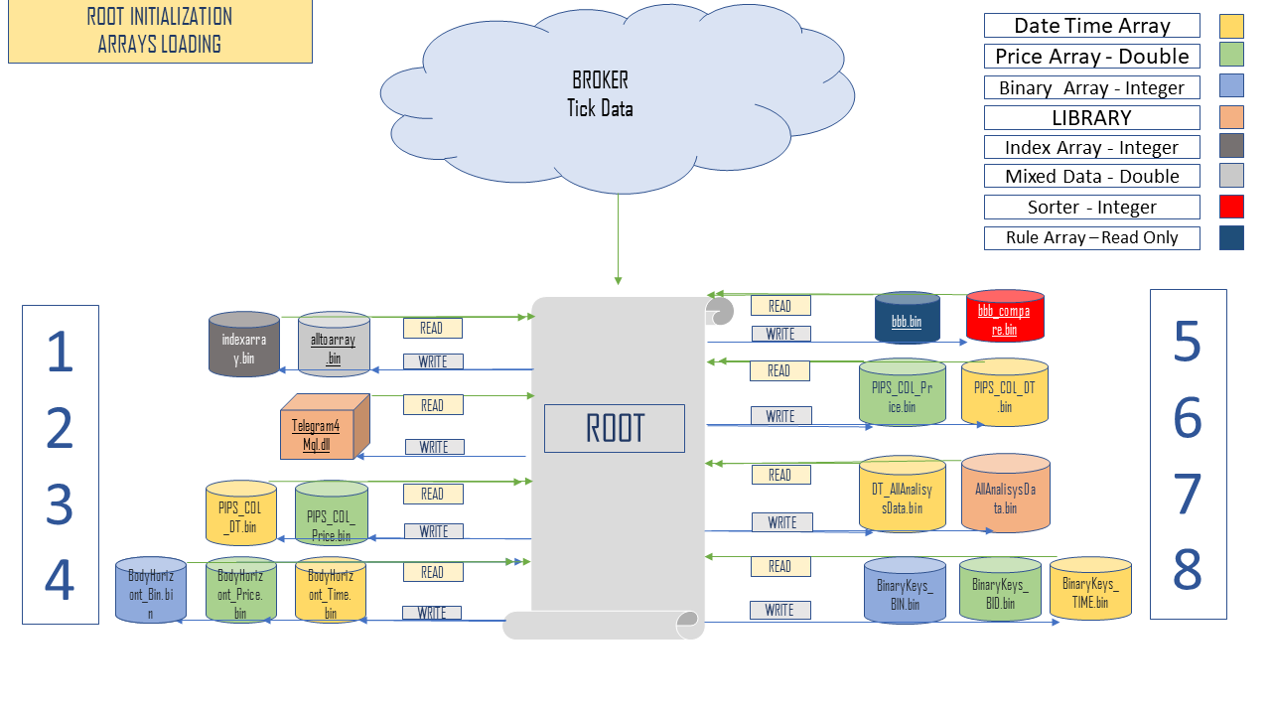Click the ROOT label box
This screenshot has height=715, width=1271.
click(x=614, y=428)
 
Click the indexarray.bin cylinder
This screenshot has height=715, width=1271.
click(x=244, y=346)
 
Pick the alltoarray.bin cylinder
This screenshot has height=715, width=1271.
click(x=334, y=346)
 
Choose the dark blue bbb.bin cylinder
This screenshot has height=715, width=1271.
click(x=907, y=319)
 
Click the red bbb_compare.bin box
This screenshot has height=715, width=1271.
click(x=1004, y=318)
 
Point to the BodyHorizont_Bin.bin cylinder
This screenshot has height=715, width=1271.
click(x=150, y=592)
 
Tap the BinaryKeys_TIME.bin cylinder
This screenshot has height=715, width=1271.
click(x=1089, y=591)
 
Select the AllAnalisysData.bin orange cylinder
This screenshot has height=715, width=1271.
click(x=1005, y=494)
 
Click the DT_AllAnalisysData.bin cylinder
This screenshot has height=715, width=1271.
click(x=902, y=494)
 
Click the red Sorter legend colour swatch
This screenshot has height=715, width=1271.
click(x=1231, y=207)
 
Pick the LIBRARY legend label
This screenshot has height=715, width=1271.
click(x=1091, y=117)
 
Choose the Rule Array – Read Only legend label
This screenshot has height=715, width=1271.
click(x=1091, y=237)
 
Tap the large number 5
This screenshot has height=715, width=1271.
click(x=1187, y=343)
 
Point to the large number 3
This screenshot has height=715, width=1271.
click(x=60, y=503)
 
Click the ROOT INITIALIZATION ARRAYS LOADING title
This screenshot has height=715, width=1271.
click(x=160, y=31)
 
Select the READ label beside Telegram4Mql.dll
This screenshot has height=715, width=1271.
click(x=432, y=405)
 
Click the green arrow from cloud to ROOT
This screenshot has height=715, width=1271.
click(x=618, y=238)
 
